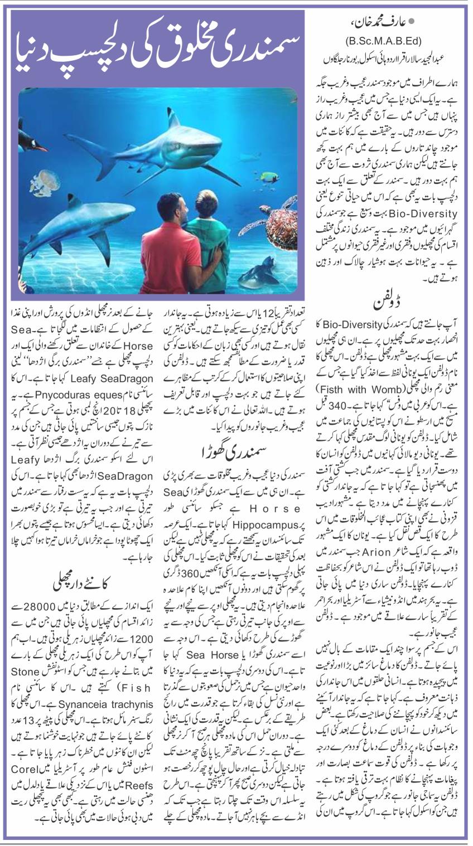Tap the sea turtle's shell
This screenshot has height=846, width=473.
click(281, 225)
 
